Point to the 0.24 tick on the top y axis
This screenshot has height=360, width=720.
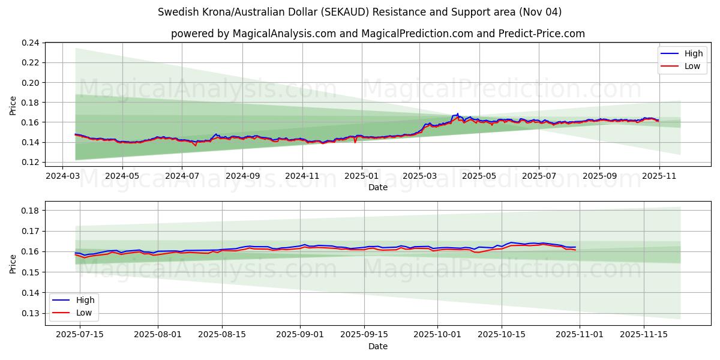pyautogui.click(x=31, y=43)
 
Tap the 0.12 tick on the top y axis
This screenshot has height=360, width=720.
pyautogui.click(x=31, y=162)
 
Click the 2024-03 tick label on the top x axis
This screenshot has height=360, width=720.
pyautogui.click(x=63, y=177)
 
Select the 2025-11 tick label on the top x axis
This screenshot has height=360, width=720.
pyautogui.click(x=659, y=177)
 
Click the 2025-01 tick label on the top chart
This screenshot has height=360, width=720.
pyautogui.click(x=362, y=177)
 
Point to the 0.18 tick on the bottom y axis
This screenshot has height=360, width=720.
pyautogui.click(x=31, y=211)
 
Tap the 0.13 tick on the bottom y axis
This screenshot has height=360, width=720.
pyautogui.click(x=31, y=313)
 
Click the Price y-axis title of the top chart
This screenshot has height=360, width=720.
pyautogui.click(x=13, y=106)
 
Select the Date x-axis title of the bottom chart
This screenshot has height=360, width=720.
pyautogui.click(x=378, y=346)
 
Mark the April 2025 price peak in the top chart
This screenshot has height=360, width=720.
pyautogui.click(x=457, y=113)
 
